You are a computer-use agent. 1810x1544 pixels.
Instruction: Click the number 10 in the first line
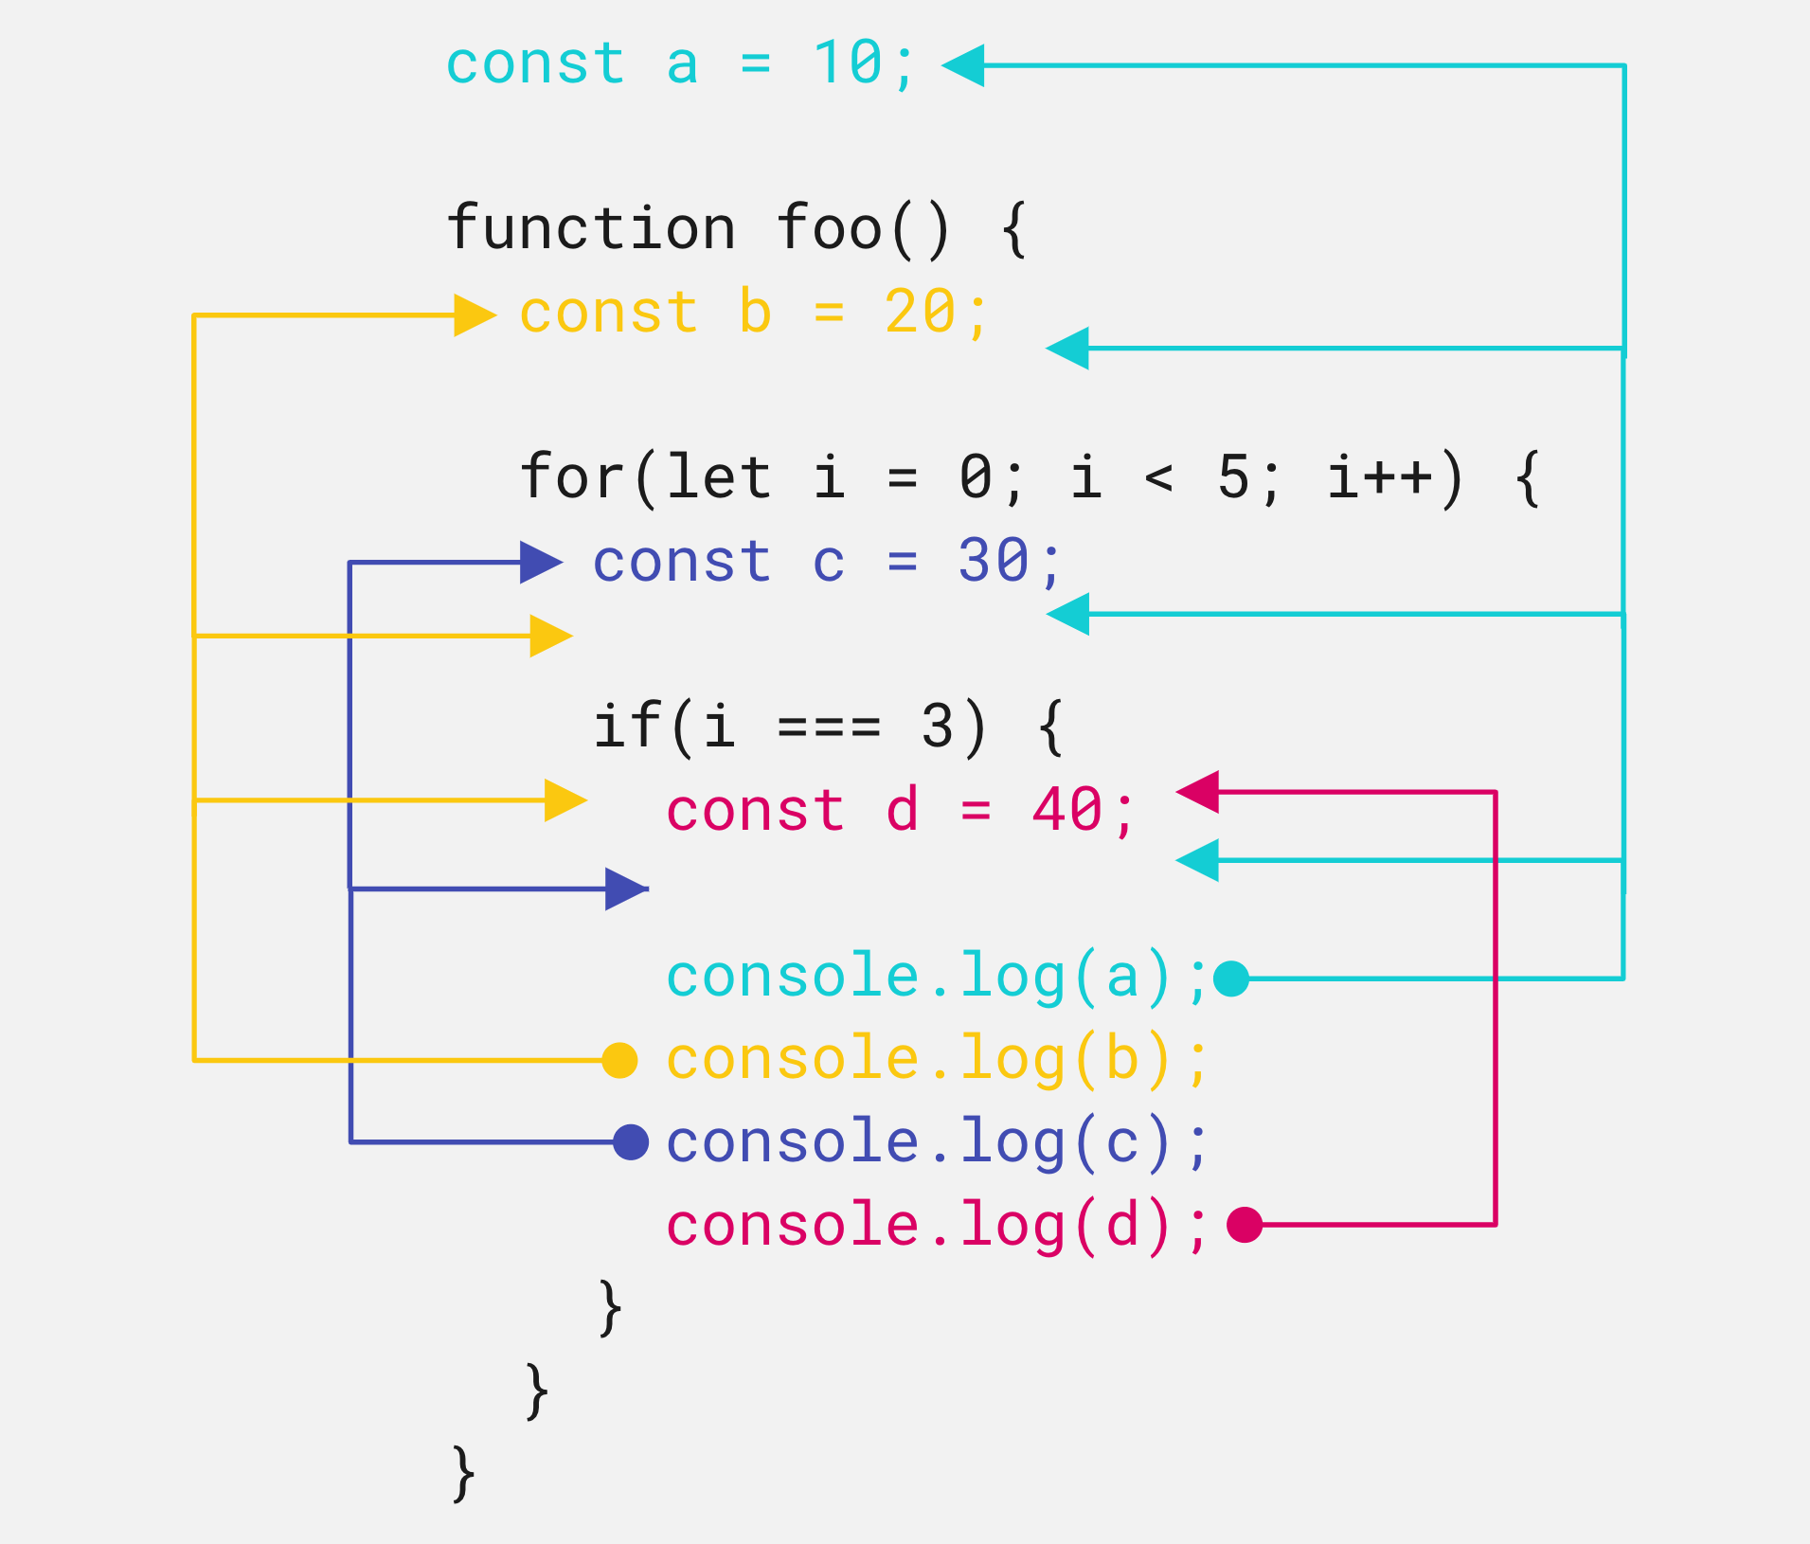tap(849, 64)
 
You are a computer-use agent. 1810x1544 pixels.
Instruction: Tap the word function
tap(591, 229)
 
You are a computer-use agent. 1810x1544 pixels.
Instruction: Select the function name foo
tap(830, 229)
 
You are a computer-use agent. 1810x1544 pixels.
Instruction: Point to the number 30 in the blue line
tap(994, 561)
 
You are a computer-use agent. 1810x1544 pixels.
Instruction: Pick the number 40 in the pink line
tap(1067, 811)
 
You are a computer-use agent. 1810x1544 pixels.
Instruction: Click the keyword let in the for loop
tap(718, 477)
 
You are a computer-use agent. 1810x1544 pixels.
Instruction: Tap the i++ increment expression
tap(1381, 477)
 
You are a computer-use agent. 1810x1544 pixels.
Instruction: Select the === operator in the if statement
tap(830, 727)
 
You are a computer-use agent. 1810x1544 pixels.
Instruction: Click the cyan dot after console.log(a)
tap(1231, 978)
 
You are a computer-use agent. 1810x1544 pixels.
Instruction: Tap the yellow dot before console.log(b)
tap(619, 1060)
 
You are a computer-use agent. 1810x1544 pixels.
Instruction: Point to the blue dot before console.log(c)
tap(631, 1142)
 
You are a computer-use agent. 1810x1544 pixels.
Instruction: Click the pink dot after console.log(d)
tap(1245, 1224)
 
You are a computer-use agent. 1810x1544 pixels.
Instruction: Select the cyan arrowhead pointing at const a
tap(964, 65)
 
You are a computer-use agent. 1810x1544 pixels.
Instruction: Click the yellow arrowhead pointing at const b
tap(475, 315)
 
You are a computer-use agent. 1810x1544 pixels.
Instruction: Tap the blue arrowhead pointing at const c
tap(541, 563)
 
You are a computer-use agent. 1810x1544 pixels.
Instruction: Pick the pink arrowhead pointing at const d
tap(1198, 792)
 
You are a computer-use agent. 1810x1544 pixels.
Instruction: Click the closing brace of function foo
tap(463, 1473)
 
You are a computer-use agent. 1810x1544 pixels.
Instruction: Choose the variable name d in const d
tap(902, 811)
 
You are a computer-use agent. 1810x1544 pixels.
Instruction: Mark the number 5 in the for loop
tap(1233, 477)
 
